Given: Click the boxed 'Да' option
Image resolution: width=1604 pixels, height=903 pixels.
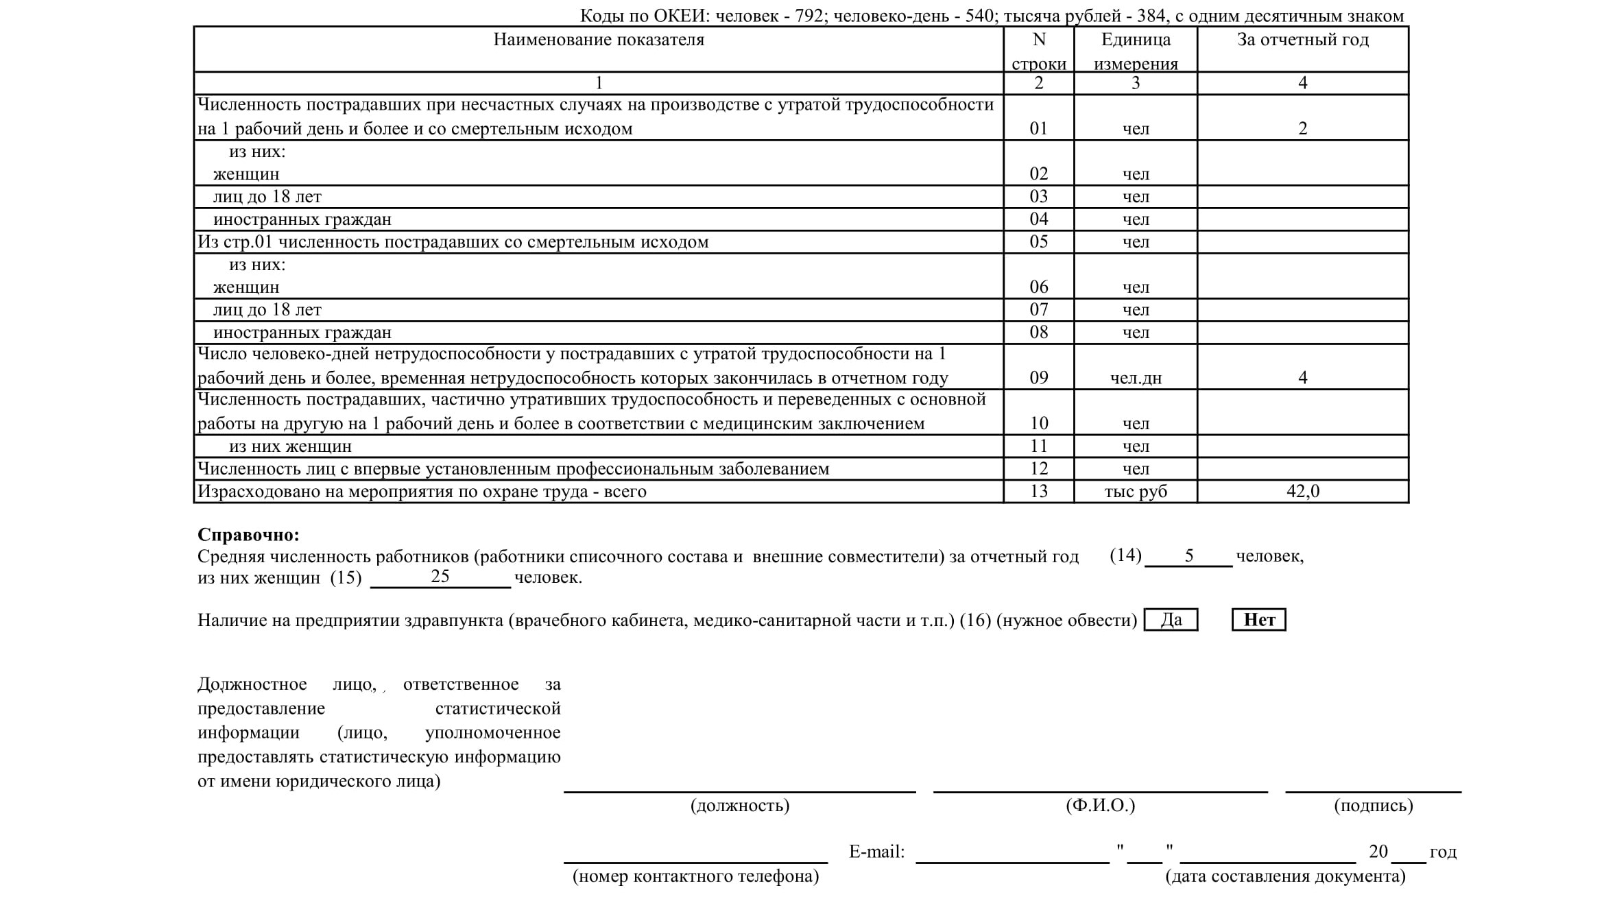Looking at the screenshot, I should [1171, 620].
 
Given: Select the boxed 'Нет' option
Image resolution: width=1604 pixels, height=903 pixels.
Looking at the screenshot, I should [1258, 620].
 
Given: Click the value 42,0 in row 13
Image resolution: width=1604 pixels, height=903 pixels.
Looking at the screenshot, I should [1302, 491].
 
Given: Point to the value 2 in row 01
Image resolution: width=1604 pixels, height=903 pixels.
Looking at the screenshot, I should [1302, 128].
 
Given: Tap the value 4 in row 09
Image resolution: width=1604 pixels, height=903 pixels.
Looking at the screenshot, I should [1302, 377].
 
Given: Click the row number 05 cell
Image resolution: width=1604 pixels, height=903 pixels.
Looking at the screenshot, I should [1038, 241].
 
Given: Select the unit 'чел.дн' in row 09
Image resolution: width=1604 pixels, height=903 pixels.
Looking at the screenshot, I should [1136, 378].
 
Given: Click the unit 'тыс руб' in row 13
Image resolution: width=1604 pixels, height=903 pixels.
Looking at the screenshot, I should [1136, 491].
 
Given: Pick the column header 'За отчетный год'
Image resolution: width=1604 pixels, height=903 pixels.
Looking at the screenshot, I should [1302, 40].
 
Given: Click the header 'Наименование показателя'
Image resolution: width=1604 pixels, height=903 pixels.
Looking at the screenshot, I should [599, 40].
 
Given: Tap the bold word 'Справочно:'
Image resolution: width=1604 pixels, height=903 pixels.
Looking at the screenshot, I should [248, 535].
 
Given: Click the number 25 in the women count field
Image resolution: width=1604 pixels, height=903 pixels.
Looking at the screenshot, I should [440, 577].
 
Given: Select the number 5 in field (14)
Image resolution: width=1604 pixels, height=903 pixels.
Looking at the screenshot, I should [1188, 555].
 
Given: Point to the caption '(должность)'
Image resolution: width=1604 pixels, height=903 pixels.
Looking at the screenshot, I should [740, 805].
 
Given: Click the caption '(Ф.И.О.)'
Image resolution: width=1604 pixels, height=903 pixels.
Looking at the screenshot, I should [1100, 805].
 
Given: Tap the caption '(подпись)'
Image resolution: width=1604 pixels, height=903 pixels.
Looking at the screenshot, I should [1373, 805].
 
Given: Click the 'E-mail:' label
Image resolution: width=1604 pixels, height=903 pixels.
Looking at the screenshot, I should [876, 852].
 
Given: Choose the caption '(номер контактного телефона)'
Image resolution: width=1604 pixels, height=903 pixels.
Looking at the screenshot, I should [695, 876].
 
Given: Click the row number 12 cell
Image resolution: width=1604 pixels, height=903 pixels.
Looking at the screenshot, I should [1038, 468].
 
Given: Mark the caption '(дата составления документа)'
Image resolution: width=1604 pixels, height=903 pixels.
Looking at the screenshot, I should [1285, 876].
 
